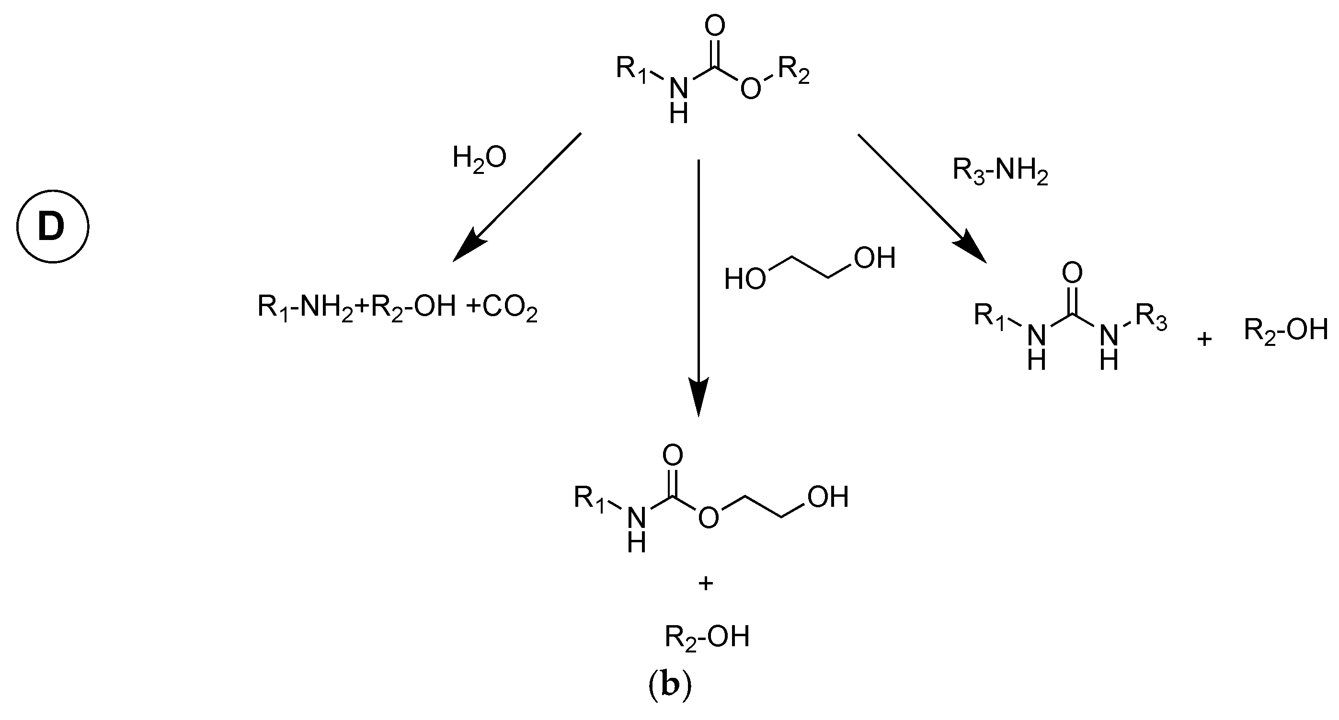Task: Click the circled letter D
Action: (x=53, y=227)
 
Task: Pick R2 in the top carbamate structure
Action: (x=793, y=72)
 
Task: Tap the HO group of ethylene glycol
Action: (x=744, y=279)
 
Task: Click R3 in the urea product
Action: (x=1151, y=319)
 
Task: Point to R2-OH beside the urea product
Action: (x=1285, y=330)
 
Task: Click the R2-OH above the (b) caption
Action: (x=707, y=637)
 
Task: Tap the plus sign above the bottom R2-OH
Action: (x=705, y=584)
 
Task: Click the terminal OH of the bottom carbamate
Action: (x=827, y=496)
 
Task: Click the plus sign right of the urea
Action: (x=1204, y=340)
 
